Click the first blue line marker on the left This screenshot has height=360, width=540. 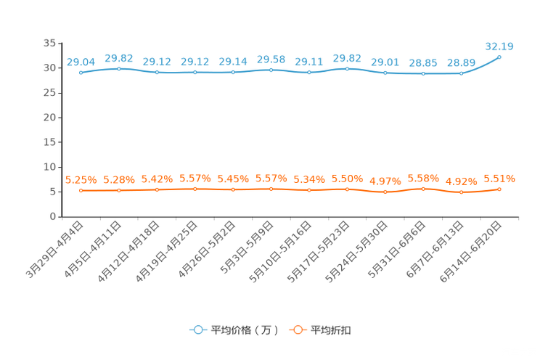(x=81, y=72)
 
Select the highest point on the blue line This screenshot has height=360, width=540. (x=499, y=57)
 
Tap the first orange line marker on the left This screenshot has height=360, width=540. (x=81, y=191)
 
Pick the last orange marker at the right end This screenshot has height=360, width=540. (x=499, y=189)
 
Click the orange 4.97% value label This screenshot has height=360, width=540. (x=385, y=181)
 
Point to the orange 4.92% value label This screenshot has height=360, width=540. (x=461, y=181)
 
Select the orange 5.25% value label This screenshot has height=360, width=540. (x=81, y=179)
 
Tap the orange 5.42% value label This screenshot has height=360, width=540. (x=157, y=179)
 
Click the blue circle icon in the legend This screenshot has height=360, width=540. (x=197, y=330)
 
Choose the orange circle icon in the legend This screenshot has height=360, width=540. (x=297, y=330)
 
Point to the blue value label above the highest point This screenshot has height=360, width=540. (x=499, y=46)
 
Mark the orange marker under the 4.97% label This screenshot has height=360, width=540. (x=385, y=192)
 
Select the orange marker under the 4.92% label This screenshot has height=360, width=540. (x=461, y=192)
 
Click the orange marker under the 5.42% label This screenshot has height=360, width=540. (x=157, y=189)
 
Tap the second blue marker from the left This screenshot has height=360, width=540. (x=119, y=68)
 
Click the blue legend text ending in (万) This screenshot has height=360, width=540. (x=245, y=330)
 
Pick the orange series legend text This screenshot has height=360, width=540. (x=332, y=330)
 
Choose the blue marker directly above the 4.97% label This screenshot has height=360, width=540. (x=385, y=72)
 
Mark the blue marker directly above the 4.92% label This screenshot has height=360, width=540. (x=461, y=73)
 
